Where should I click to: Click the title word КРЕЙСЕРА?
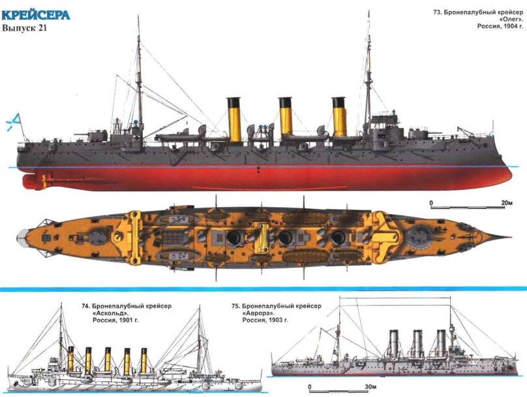(35, 14)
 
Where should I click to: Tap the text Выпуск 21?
(25, 29)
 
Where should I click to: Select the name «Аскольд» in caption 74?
(115, 313)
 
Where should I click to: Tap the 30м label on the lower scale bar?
(371, 388)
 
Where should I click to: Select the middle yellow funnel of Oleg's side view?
(286, 118)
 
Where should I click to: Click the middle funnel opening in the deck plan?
(286, 238)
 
